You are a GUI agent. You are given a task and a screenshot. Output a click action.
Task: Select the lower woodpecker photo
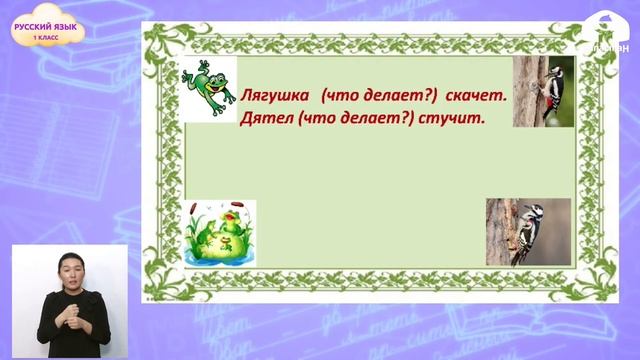click(528, 231)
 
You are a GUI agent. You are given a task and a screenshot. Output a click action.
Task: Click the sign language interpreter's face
click(72, 270)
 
